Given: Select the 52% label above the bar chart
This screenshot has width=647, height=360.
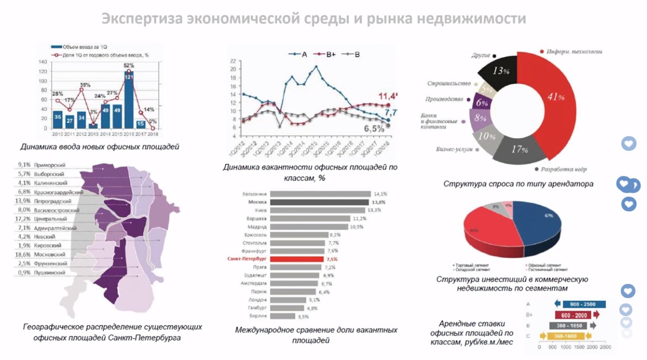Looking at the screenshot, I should pos(129,66).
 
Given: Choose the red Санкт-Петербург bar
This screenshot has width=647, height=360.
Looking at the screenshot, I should pos(296,259).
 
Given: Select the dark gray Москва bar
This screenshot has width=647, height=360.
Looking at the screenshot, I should pos(319,201).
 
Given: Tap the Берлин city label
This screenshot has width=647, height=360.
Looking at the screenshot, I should pos(257,316).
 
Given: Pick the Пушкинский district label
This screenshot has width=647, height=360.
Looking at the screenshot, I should pos(50,272).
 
